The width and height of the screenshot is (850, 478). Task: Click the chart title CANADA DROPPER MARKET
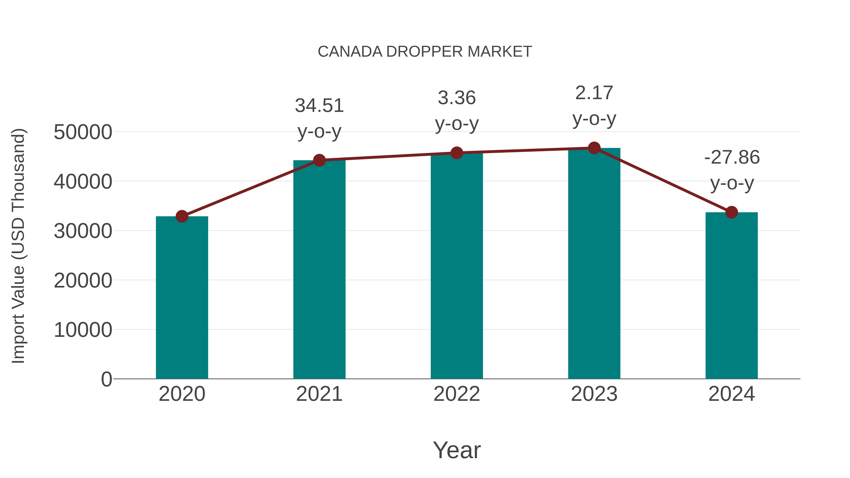pyautogui.click(x=425, y=52)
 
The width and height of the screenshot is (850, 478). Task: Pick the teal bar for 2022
pyautogui.click(x=457, y=266)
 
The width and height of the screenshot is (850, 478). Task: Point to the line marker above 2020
pyautogui.click(x=182, y=216)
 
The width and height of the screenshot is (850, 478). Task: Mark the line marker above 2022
pyautogui.click(x=457, y=153)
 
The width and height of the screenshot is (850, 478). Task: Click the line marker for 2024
pyautogui.click(x=731, y=212)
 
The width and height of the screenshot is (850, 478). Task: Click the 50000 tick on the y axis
pyautogui.click(x=83, y=132)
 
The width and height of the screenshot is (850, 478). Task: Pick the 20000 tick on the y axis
pyautogui.click(x=83, y=280)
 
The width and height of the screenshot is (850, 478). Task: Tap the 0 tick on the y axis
pyautogui.click(x=106, y=379)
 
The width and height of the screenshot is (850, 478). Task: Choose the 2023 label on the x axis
pyautogui.click(x=594, y=394)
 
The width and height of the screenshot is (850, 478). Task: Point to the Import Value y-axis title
pyautogui.click(x=18, y=246)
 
